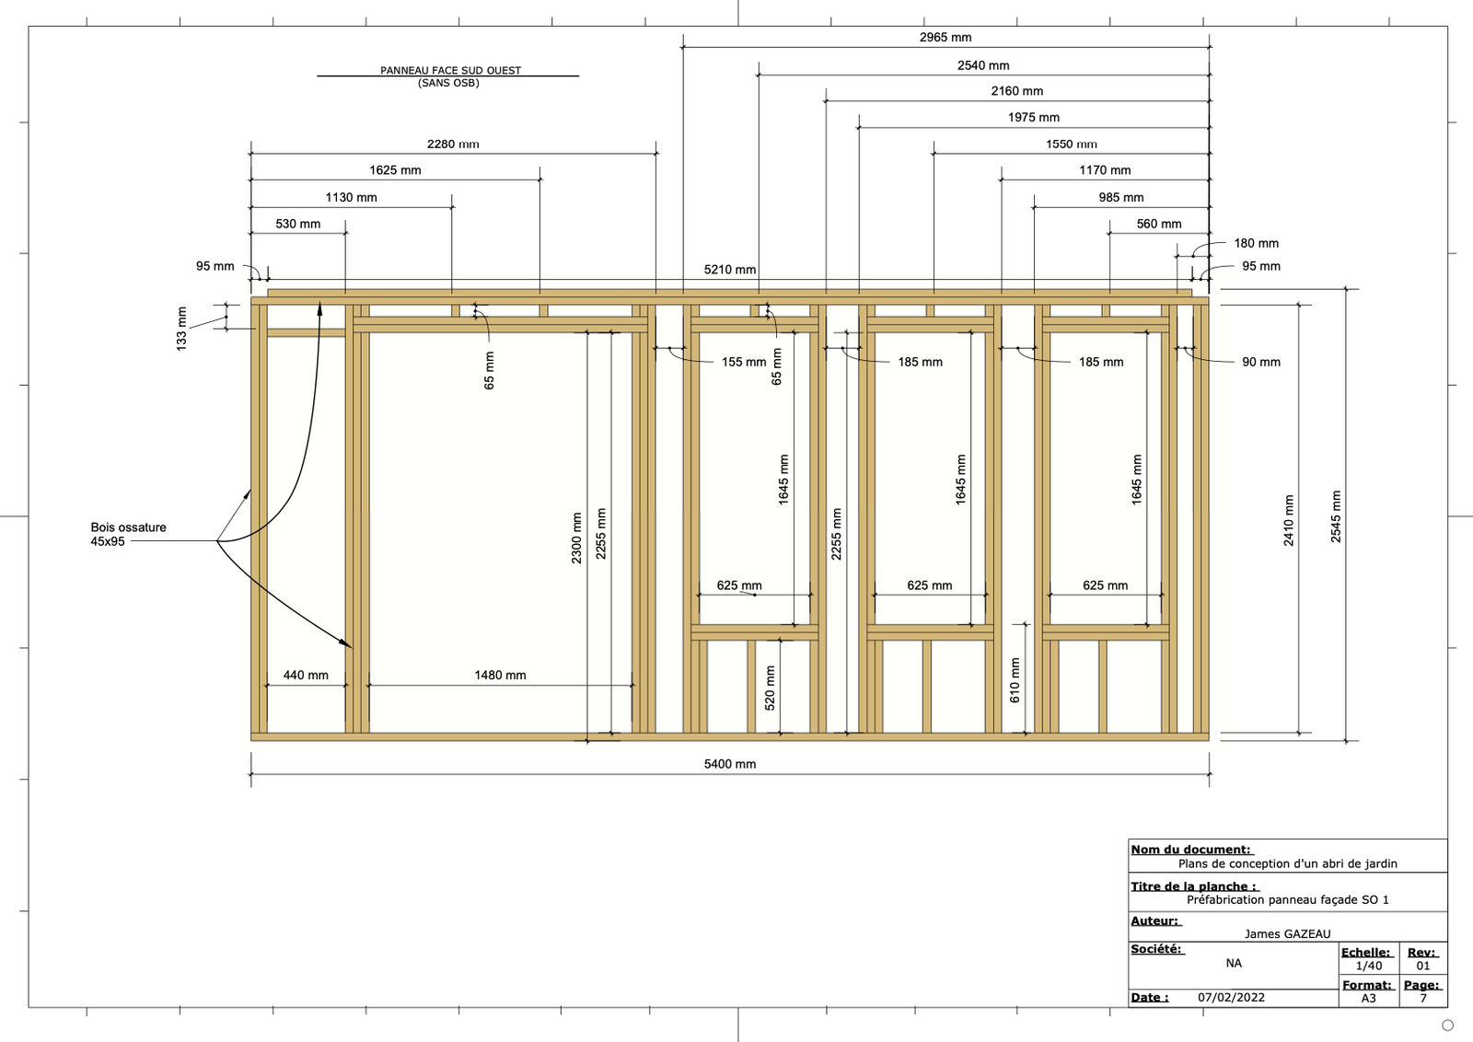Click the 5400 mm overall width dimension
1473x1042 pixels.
730,764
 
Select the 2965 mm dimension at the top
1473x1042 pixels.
945,38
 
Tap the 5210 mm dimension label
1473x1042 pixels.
730,270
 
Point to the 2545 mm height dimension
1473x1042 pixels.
1336,516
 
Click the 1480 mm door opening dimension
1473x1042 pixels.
500,676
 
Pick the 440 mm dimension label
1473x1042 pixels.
306,676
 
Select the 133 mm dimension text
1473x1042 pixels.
181,328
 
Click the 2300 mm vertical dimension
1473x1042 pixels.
577,538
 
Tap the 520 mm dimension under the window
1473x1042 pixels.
771,688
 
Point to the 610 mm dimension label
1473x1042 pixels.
1015,680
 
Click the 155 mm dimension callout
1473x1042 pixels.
744,363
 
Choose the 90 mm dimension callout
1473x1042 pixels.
1261,363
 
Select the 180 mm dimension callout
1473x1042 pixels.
1257,244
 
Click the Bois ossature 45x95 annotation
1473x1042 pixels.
128,535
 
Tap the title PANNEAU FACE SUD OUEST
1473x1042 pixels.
450,71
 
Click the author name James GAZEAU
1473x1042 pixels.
1287,934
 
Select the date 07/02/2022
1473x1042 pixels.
1231,998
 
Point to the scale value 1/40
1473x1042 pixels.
1369,967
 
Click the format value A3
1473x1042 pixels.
1369,999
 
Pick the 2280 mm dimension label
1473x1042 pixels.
453,145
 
